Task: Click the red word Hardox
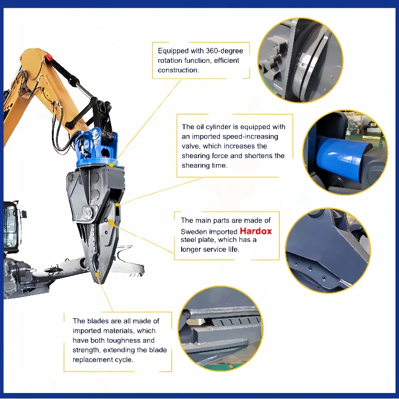[256, 231]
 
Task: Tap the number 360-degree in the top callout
[224, 51]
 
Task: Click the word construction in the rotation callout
[178, 70]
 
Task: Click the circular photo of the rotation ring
[300, 60]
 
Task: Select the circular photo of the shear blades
[220, 329]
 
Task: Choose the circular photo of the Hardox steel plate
[328, 250]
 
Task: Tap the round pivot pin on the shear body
[89, 213]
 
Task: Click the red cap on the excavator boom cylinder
[48, 58]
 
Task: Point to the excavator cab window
[10, 226]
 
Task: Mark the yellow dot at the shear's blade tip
[97, 275]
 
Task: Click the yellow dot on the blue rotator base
[111, 165]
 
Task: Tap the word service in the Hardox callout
[214, 249]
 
